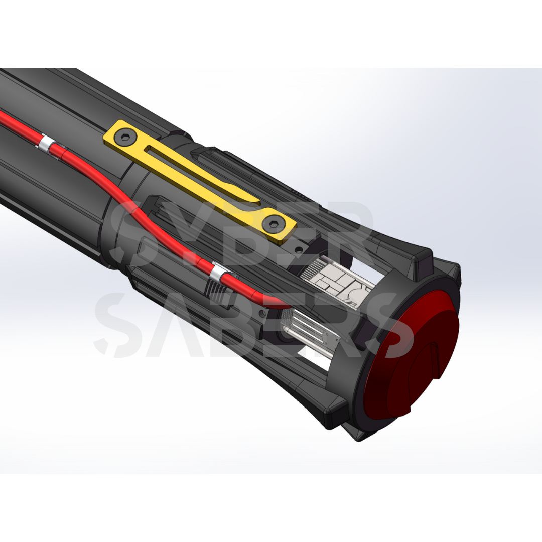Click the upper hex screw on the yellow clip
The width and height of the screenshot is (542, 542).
point(125,137)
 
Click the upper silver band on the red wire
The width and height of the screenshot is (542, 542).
point(47,145)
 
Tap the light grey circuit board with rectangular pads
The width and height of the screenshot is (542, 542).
point(337,282)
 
